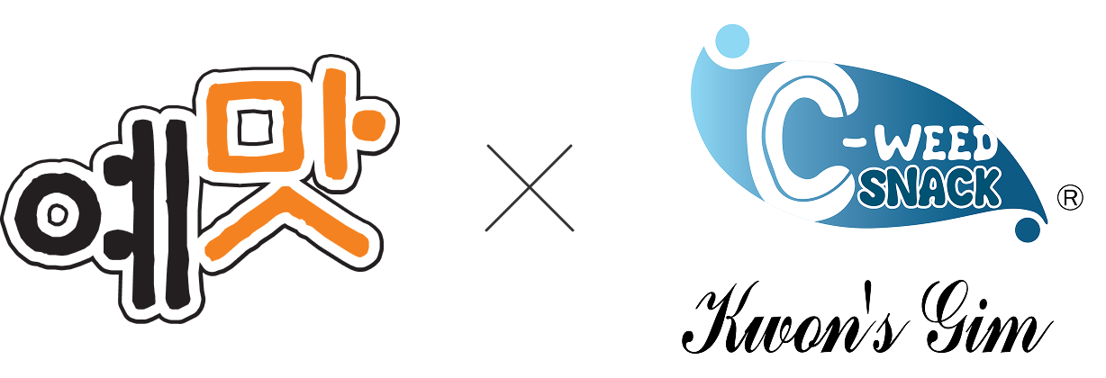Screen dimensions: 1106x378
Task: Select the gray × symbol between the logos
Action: (530, 188)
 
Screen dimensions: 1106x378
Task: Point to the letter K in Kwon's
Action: (721, 322)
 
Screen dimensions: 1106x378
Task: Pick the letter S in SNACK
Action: (878, 187)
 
